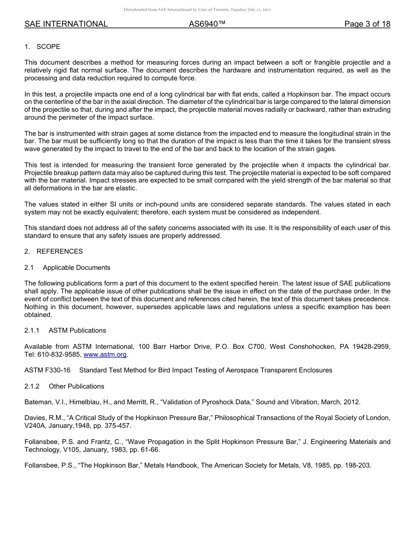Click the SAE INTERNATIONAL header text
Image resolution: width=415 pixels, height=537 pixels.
pos(66,24)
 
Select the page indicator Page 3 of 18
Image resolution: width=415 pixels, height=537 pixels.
pos(367,24)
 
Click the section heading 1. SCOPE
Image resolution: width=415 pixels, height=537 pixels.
pos(42,47)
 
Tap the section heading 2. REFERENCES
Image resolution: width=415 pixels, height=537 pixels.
pos(53,251)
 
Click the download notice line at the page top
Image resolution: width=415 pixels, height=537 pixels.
pos(197,9)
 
